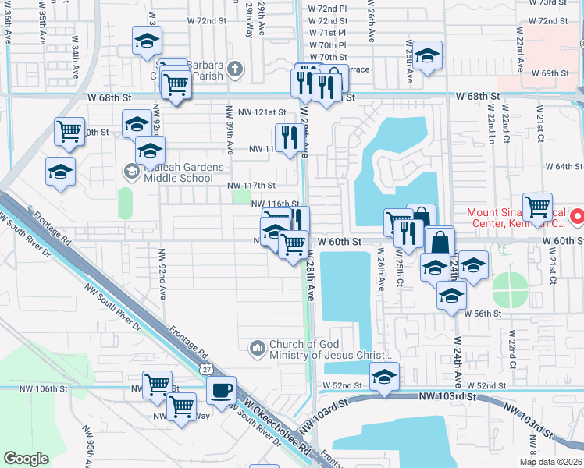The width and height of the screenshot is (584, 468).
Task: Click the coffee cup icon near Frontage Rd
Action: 221,390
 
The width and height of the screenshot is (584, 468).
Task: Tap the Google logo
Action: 26,459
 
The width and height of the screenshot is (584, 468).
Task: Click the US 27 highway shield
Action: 205,367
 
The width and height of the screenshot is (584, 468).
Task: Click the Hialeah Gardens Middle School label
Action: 172,172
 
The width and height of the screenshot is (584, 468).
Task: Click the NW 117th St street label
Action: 251,186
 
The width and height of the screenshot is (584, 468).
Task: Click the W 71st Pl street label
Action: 327,33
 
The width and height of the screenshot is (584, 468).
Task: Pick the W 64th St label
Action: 564,166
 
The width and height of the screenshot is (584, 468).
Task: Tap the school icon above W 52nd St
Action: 383,377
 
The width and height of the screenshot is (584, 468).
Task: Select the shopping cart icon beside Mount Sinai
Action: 537,207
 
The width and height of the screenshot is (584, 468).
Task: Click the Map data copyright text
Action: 550,462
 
